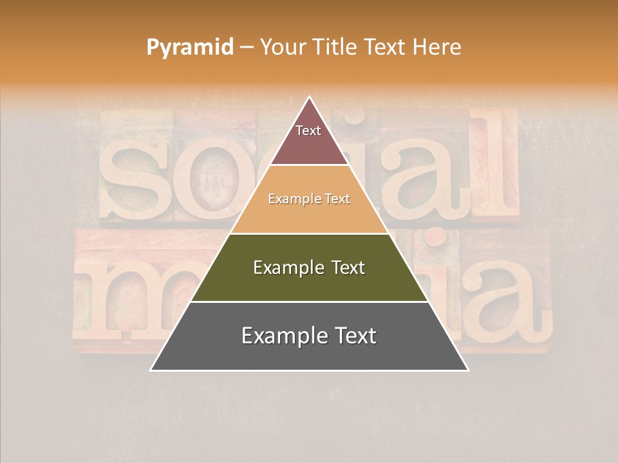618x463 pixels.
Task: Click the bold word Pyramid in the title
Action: (189, 47)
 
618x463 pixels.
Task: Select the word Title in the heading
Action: (335, 47)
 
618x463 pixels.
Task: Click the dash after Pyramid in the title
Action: (246, 48)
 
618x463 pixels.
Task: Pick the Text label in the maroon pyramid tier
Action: (308, 131)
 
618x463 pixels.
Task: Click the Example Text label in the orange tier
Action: (309, 199)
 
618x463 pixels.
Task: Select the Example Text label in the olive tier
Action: (309, 268)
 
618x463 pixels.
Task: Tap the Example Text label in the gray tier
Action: (309, 336)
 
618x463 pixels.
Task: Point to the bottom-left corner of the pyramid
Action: (151, 370)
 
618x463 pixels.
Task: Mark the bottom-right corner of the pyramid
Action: (468, 370)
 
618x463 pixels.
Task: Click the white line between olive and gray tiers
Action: (309, 302)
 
